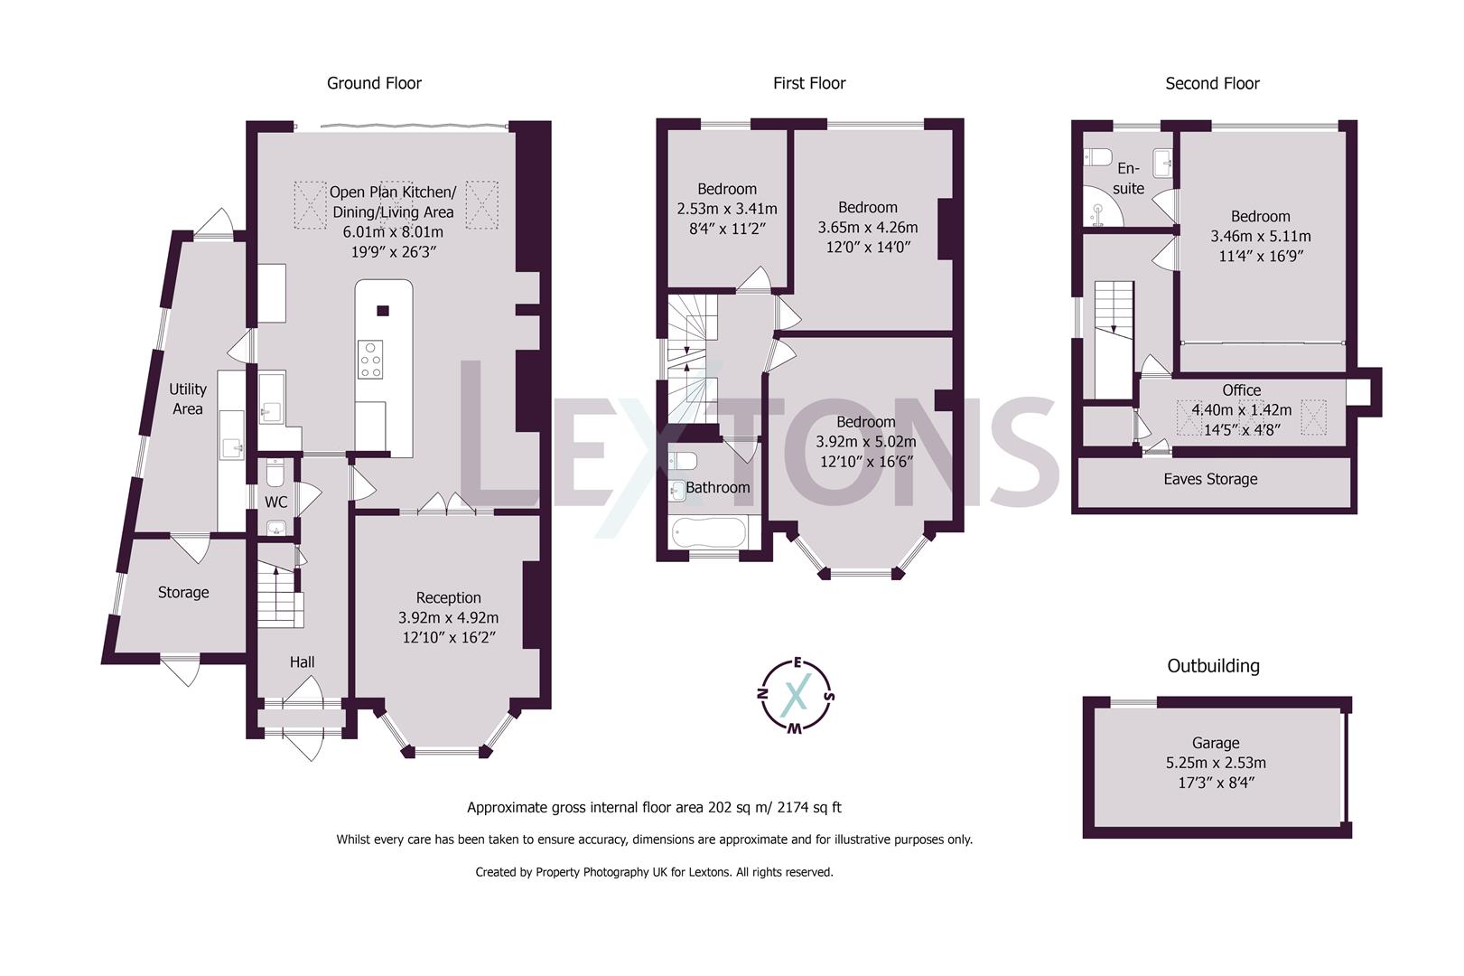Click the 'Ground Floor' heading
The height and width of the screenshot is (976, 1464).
point(374,83)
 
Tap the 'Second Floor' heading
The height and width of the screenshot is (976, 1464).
point(1212,83)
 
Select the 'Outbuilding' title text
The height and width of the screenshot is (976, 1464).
point(1213,666)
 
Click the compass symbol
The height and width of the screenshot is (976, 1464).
point(796,693)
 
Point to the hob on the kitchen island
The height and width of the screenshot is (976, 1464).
point(370,359)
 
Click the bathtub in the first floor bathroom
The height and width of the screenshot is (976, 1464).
point(709,532)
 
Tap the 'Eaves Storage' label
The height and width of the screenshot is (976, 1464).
point(1210,479)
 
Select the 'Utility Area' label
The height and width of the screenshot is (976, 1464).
point(188,399)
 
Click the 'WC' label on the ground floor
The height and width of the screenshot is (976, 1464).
point(276,502)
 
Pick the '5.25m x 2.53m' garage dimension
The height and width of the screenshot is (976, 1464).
point(1216,763)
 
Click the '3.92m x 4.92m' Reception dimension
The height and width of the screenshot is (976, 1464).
point(448,618)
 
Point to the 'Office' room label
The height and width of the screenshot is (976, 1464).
point(1241,390)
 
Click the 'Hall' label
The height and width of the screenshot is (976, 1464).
point(303,662)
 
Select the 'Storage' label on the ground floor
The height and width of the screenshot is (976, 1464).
point(183,593)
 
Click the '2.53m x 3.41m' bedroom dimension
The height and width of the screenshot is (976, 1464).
point(727,209)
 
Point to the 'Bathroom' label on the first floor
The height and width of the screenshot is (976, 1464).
point(718,488)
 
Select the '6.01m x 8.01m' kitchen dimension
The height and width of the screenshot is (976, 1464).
point(393,232)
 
